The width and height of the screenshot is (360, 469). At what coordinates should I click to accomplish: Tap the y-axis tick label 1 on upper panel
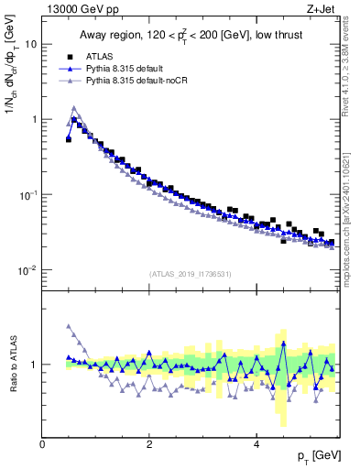34,119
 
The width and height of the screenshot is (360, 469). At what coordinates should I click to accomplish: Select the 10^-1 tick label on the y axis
29,194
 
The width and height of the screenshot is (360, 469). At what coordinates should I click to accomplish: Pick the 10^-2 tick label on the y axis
29,270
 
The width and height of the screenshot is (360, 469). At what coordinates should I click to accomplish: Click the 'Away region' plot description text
189,37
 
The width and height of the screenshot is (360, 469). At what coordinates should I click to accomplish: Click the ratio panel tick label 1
35,365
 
